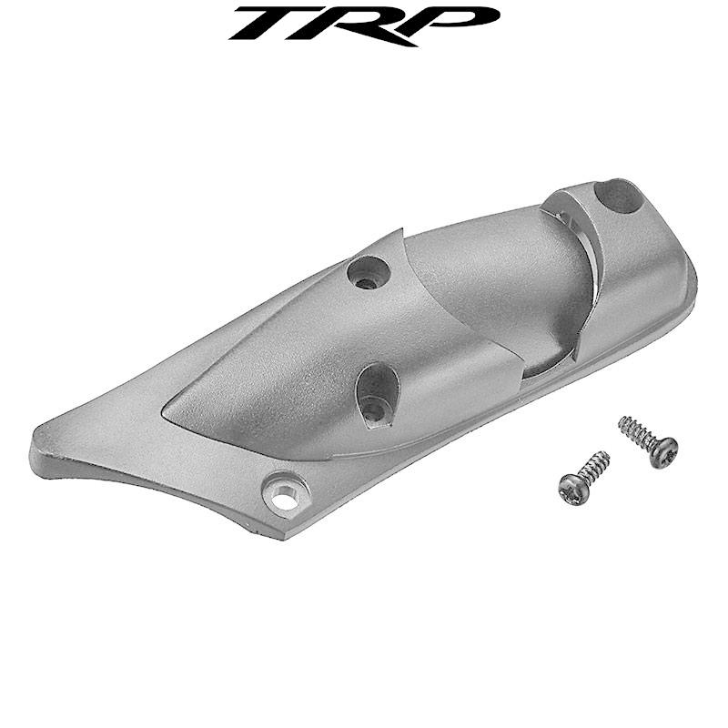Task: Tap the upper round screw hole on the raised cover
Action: click(x=368, y=271)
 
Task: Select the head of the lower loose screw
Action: click(x=571, y=490)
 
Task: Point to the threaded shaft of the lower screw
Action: click(x=592, y=468)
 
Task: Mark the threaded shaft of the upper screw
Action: click(x=638, y=434)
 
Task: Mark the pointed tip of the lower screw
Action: click(x=606, y=454)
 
